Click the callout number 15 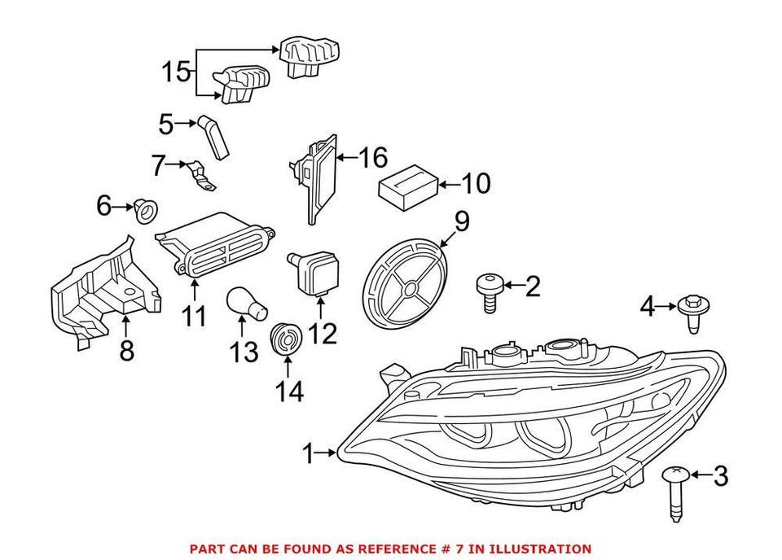tap(175, 72)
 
